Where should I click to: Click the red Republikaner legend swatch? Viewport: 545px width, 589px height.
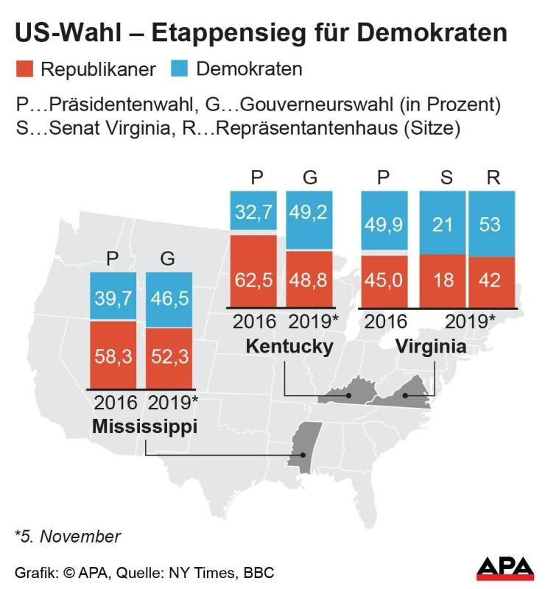(x=26, y=70)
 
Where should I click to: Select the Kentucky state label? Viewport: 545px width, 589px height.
(x=290, y=345)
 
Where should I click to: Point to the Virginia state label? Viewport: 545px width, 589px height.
(x=431, y=345)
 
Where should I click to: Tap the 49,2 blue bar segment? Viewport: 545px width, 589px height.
(x=309, y=220)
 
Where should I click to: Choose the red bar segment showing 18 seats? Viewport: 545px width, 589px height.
(x=441, y=280)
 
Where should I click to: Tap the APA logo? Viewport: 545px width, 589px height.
(x=505, y=568)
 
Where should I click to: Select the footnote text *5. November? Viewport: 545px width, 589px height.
(x=67, y=536)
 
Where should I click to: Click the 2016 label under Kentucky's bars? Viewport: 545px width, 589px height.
(x=254, y=322)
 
